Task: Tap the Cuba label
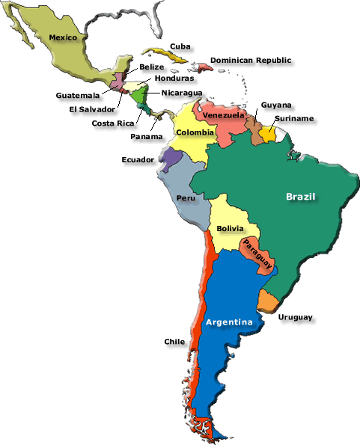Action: click(179, 46)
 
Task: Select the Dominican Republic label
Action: click(251, 60)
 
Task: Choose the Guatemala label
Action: click(78, 95)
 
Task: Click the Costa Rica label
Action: click(113, 123)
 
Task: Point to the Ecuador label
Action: click(138, 159)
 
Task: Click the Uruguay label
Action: click(295, 317)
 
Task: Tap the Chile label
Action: click(174, 342)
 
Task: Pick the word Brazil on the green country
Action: click(301, 197)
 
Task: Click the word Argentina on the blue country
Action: click(228, 322)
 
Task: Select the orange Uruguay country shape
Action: click(268, 301)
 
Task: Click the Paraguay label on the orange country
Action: click(257, 252)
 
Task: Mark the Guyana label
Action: click(277, 105)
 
